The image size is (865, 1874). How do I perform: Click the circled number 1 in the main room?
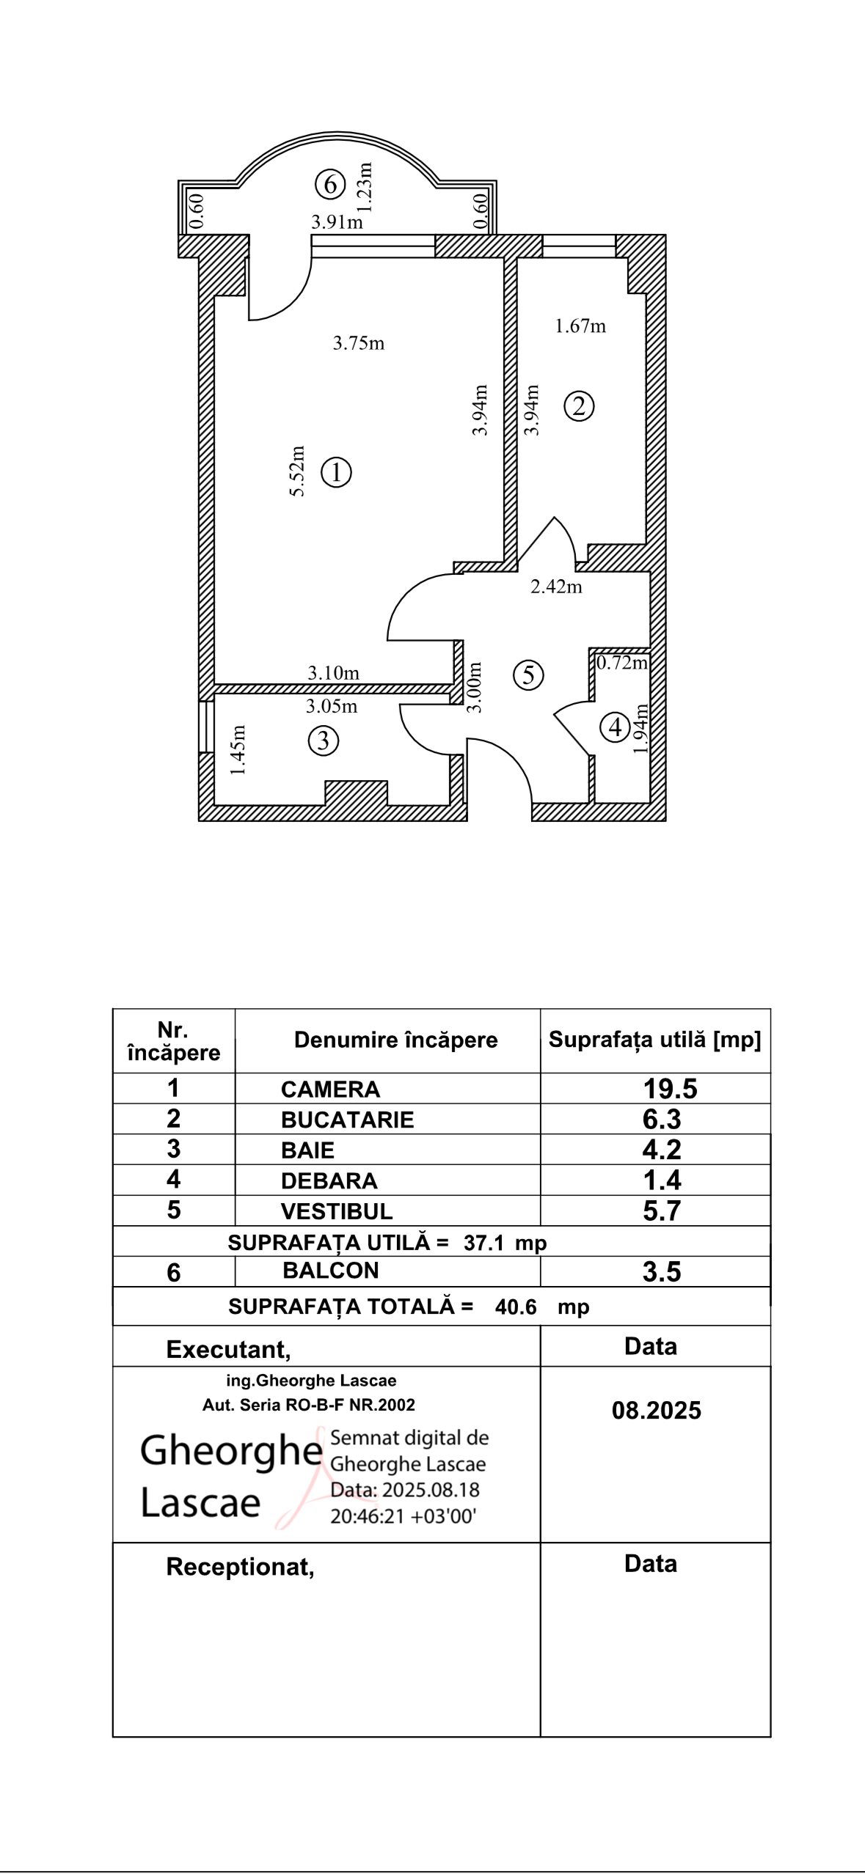click(337, 473)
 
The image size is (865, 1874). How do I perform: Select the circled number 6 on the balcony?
click(330, 184)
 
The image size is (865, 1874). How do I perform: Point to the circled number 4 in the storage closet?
click(615, 727)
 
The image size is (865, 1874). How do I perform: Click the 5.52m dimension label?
click(297, 471)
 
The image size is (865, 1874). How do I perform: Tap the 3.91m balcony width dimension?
click(337, 222)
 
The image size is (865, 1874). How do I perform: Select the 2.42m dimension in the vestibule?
click(556, 587)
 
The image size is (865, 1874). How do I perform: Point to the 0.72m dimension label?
click(621, 663)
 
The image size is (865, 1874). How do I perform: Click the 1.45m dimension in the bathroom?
click(238, 749)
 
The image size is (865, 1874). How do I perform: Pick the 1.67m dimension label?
click(580, 326)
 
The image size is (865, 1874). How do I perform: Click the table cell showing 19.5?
click(670, 1089)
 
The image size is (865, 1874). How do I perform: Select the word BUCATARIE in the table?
click(347, 1120)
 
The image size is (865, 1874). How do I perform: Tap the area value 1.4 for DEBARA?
click(662, 1180)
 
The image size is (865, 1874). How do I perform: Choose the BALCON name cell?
click(330, 1271)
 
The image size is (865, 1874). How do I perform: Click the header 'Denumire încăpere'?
click(395, 1040)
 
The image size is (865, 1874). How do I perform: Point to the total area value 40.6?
click(516, 1307)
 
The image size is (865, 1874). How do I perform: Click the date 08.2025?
click(656, 1411)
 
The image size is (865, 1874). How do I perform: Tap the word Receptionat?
click(240, 1567)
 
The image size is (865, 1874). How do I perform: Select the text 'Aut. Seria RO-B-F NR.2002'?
click(308, 1405)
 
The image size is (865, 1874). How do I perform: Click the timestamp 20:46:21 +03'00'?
click(404, 1516)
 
